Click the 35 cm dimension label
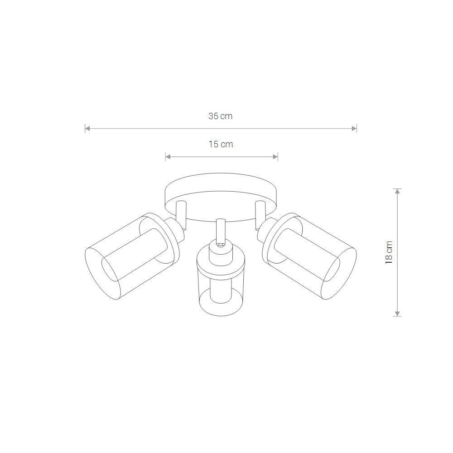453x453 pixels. pyautogui.click(x=221, y=116)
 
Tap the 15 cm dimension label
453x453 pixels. pyautogui.click(x=221, y=144)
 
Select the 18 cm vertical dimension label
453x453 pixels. pyautogui.click(x=389, y=252)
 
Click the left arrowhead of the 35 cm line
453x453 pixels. pyautogui.click(x=87, y=129)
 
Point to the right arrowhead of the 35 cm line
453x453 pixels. pyautogui.click(x=354, y=129)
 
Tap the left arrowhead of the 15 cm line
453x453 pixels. pyautogui.click(x=168, y=157)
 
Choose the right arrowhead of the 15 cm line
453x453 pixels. pyautogui.click(x=275, y=157)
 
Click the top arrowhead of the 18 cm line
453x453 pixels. pyautogui.click(x=398, y=191)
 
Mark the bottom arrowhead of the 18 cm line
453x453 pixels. pyautogui.click(x=398, y=314)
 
